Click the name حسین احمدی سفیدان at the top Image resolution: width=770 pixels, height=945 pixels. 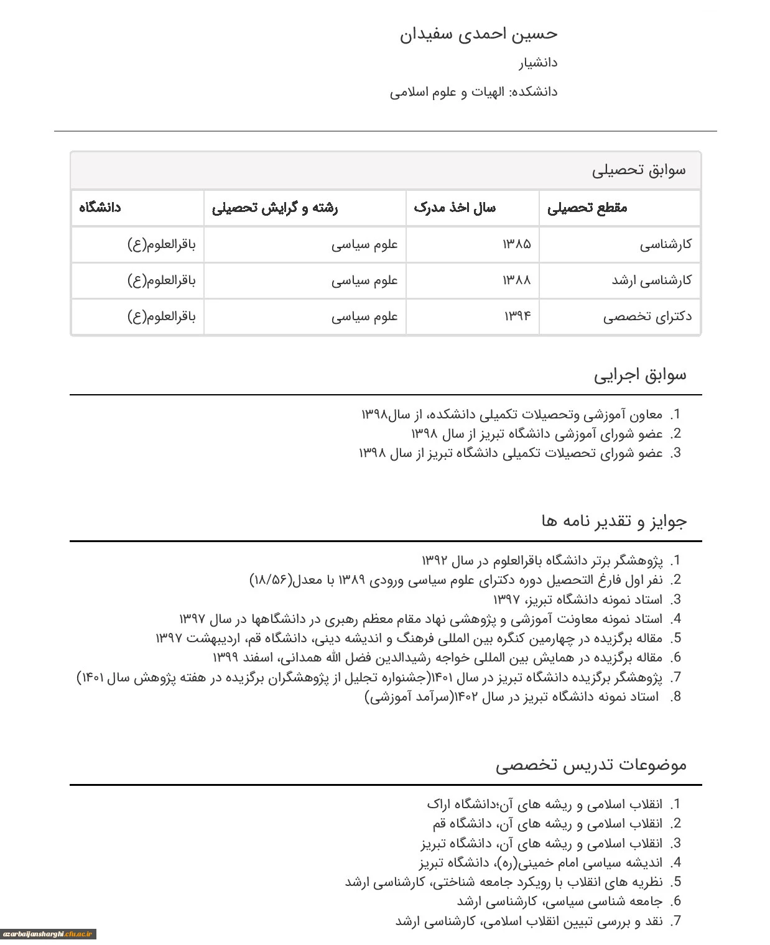click(x=478, y=34)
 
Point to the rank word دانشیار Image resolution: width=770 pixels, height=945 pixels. click(x=538, y=63)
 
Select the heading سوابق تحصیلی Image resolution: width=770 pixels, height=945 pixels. click(x=639, y=170)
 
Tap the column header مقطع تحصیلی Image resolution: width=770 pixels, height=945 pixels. click(x=587, y=208)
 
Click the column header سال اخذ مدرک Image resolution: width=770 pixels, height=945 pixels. click(x=455, y=208)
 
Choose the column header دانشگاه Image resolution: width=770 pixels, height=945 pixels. click(x=100, y=208)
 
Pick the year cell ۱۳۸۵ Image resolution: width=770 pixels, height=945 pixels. click(x=517, y=244)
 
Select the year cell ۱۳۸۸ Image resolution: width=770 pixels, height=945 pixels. click(x=517, y=280)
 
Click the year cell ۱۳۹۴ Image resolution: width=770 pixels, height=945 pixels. click(x=517, y=316)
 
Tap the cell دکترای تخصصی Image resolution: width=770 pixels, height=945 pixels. click(x=647, y=316)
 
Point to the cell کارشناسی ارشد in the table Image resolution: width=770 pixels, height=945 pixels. click(x=651, y=280)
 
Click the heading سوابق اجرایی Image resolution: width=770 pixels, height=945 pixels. click(x=640, y=375)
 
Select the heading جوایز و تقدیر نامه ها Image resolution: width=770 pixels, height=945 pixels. click(x=614, y=521)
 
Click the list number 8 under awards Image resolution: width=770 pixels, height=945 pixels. click(x=676, y=697)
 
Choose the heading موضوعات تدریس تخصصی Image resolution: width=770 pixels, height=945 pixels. click(x=591, y=765)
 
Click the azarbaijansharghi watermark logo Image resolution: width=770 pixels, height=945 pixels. click(x=49, y=934)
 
